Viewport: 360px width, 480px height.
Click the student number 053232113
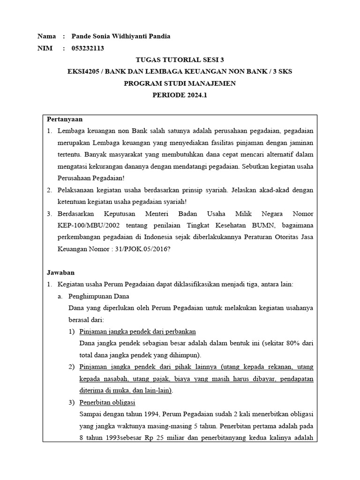pyautogui.click(x=88, y=48)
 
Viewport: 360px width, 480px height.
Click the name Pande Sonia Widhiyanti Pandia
pyautogui.click(x=121, y=36)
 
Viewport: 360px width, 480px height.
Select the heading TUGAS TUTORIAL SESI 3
pyautogui.click(x=180, y=60)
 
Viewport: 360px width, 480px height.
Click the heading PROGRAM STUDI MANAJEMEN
pyautogui.click(x=180, y=83)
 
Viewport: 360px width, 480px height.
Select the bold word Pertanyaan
pyautogui.click(x=65, y=119)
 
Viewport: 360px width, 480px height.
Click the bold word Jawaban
pyautogui.click(x=60, y=272)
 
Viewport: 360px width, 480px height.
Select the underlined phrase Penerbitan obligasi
pyautogui.click(x=107, y=402)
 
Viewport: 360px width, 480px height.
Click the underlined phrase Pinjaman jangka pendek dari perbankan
pyautogui.click(x=137, y=331)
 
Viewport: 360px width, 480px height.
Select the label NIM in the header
pyautogui.click(x=45, y=48)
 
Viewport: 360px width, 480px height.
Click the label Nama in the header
pyautogui.click(x=46, y=36)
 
